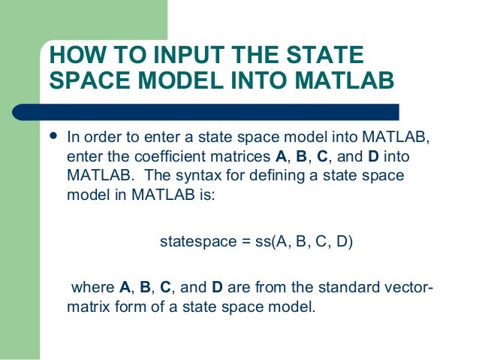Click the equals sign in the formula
tap(237, 242)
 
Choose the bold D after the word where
tap(217, 289)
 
